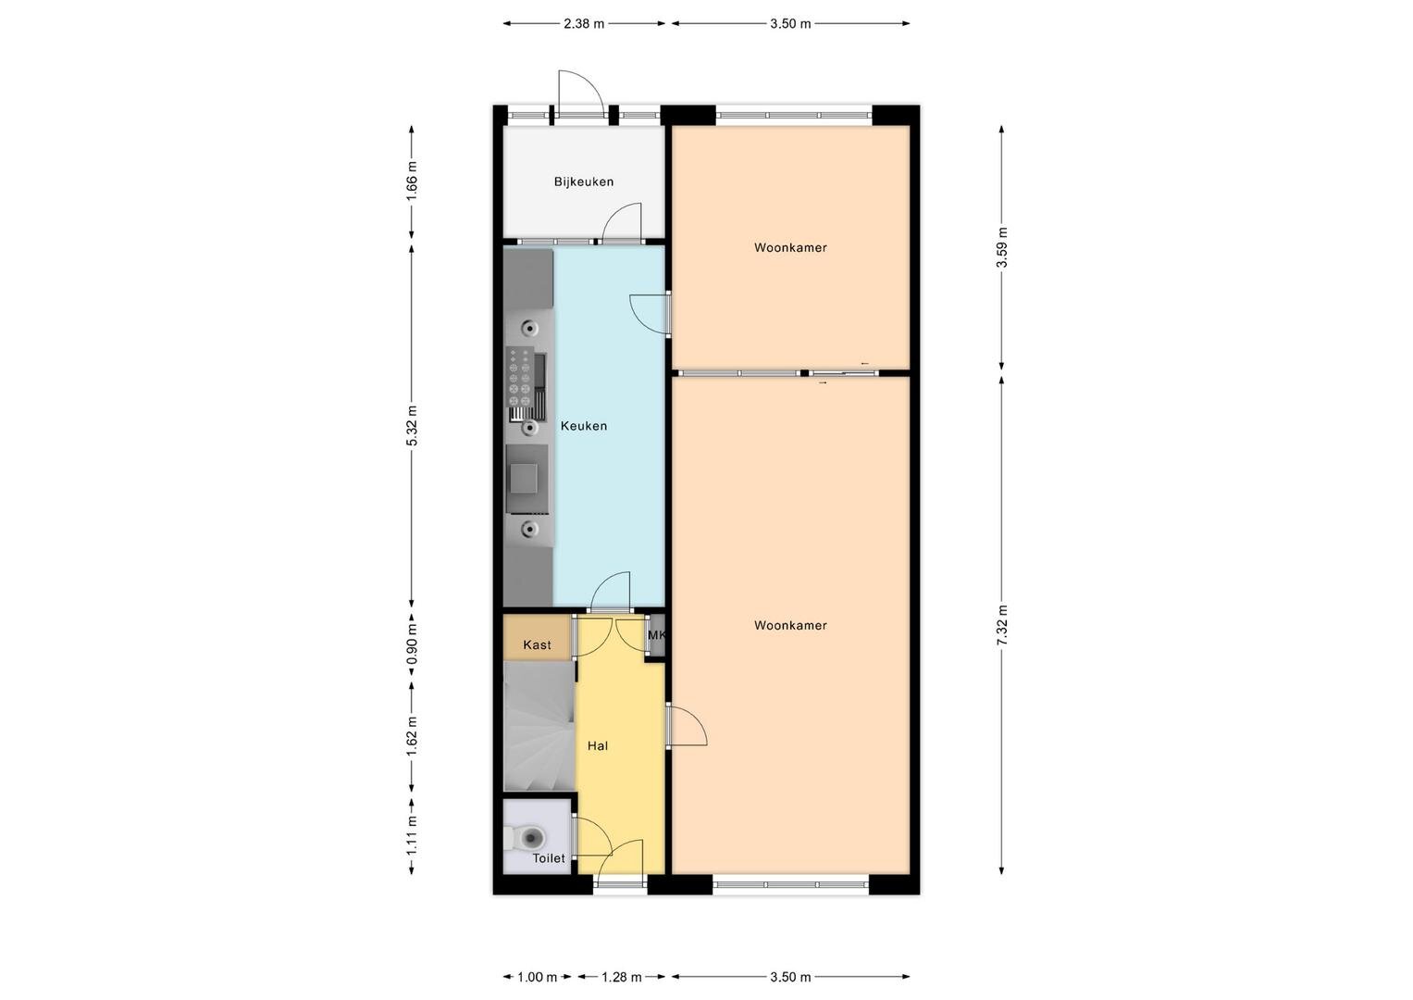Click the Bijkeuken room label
coord(584,181)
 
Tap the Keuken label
coord(584,426)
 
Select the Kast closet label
coord(537,644)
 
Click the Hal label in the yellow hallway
coord(598,745)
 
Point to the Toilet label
coord(549,858)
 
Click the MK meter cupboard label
coord(657,634)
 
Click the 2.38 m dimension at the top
coord(584,24)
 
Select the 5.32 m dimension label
coord(412,425)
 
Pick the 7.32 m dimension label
coord(1002,625)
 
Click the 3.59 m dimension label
coord(1002,247)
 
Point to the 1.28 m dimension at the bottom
coord(621,977)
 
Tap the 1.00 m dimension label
coord(538,977)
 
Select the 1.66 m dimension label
coord(412,181)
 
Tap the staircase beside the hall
coord(540,726)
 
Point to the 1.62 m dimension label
coord(412,737)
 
